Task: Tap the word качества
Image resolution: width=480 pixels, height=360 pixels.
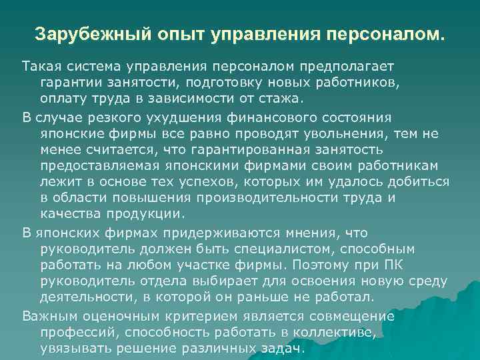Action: pos(69,214)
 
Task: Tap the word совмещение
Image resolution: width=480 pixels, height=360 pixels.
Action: pos(353,315)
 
